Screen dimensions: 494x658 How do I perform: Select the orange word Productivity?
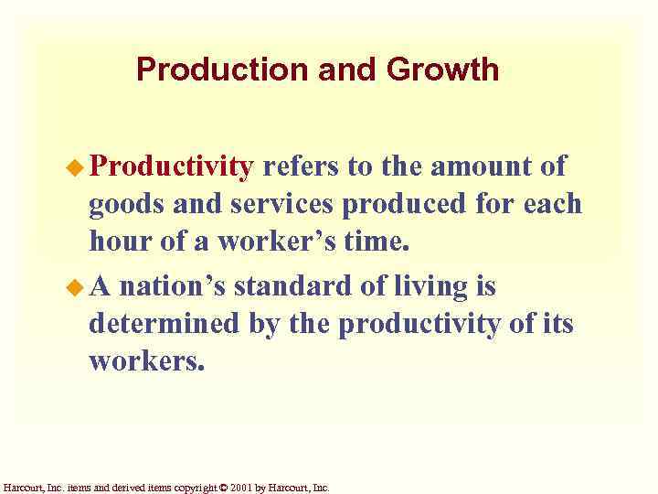[172, 166]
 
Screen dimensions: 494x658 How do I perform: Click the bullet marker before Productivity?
[78, 167]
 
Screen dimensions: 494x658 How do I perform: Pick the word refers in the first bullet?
[300, 166]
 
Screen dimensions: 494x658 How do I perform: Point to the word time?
[378, 242]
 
